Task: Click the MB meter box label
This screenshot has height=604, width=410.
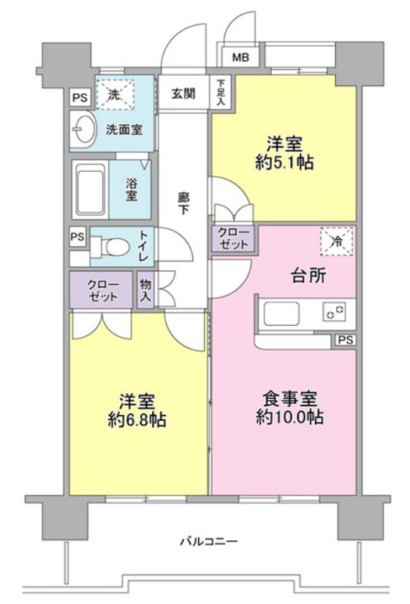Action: [x=241, y=57]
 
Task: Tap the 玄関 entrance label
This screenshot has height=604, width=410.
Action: [x=184, y=94]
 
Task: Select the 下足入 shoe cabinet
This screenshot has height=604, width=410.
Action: [x=221, y=92]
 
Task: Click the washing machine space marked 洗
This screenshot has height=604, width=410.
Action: [x=115, y=94]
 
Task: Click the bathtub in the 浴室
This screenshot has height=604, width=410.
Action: [x=91, y=190]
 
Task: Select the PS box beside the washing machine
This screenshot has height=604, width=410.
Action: [x=80, y=98]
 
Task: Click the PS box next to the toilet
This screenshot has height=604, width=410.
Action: [x=77, y=236]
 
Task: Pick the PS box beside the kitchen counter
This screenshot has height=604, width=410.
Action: [x=345, y=340]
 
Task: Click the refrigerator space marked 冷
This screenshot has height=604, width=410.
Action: [x=336, y=242]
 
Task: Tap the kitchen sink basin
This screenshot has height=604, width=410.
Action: [x=282, y=314]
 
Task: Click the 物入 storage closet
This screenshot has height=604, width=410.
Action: [x=145, y=290]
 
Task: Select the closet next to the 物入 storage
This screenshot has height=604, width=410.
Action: [x=101, y=290]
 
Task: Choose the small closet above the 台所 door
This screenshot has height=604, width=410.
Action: [x=233, y=239]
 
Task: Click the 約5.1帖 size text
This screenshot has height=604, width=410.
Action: [x=284, y=163]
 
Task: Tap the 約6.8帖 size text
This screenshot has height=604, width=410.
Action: [x=137, y=419]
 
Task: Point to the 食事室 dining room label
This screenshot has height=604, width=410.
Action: [x=290, y=399]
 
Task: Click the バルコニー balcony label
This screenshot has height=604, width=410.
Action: [x=209, y=542]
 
